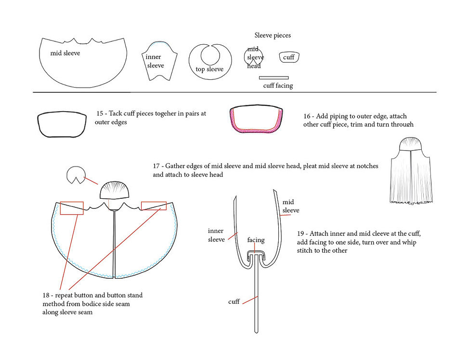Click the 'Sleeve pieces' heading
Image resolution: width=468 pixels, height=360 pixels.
click(x=273, y=35)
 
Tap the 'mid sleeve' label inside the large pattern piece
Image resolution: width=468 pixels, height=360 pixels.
click(x=65, y=53)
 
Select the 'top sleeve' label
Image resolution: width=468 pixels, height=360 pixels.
click(x=209, y=69)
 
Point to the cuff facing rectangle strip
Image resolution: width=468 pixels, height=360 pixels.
click(x=273, y=78)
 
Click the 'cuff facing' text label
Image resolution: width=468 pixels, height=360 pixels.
click(x=278, y=86)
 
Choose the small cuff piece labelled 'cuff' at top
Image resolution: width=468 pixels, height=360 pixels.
click(x=289, y=57)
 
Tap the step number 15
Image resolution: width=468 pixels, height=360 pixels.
click(x=100, y=113)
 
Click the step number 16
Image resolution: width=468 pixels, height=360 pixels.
click(x=307, y=116)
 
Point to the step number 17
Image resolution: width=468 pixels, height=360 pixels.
click(x=156, y=166)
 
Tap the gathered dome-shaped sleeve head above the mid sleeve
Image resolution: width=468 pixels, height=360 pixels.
click(x=114, y=190)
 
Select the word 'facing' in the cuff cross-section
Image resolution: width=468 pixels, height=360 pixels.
click(x=256, y=240)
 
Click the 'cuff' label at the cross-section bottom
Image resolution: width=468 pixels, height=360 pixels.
click(x=234, y=302)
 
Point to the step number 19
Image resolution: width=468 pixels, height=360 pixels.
click(x=300, y=233)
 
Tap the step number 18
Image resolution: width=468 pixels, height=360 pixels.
click(x=46, y=296)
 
